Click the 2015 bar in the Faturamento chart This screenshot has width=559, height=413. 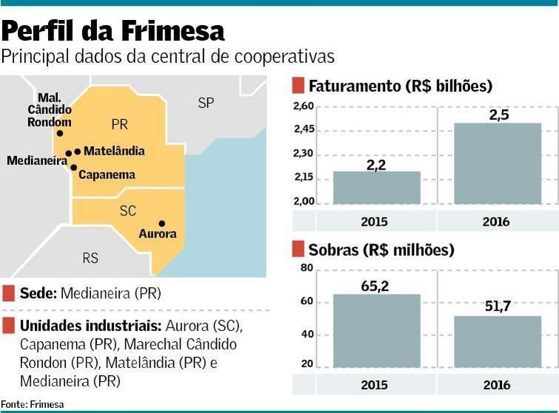tap(376, 188)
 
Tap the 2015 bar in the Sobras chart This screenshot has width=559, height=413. tap(376, 332)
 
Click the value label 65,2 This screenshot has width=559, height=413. tap(376, 283)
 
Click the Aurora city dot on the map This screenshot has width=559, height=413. tap(161, 224)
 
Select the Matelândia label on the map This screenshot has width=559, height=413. tap(114, 151)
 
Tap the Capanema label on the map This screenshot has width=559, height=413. tap(107, 175)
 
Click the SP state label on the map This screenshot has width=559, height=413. tap(206, 103)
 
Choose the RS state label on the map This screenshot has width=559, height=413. tap(90, 258)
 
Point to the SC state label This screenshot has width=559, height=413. tap(127, 211)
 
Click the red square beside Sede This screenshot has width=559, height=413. tap(8, 293)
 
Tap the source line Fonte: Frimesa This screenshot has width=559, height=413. tap(33, 404)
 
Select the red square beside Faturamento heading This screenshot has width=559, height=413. tap(298, 86)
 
